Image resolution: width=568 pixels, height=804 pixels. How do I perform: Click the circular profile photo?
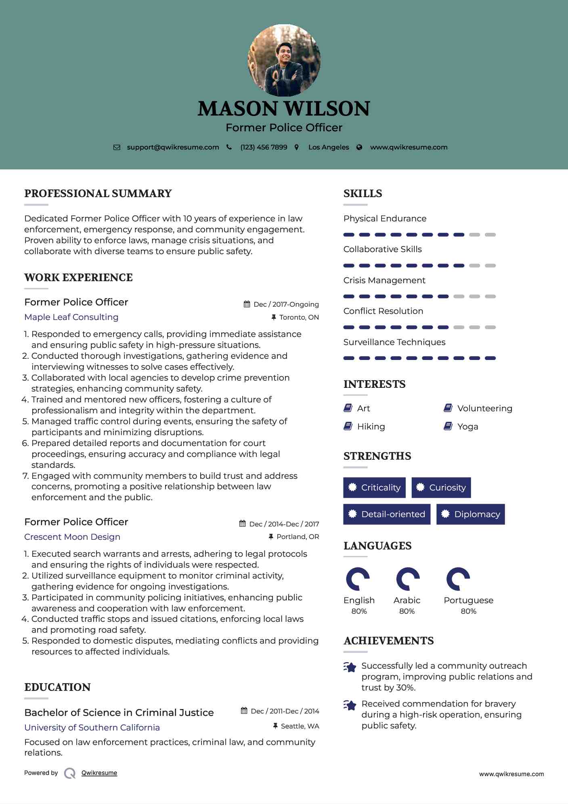pyautogui.click(x=284, y=61)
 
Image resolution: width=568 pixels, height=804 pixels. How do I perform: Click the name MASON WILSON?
pyautogui.click(x=284, y=109)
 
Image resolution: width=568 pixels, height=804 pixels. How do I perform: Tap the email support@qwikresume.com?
pyautogui.click(x=173, y=147)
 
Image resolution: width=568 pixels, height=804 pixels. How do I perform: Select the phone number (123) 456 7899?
pyautogui.click(x=264, y=147)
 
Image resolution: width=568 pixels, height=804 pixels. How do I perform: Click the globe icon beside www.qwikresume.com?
pyautogui.click(x=359, y=147)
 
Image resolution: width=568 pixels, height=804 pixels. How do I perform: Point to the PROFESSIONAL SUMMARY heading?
pyautogui.click(x=98, y=194)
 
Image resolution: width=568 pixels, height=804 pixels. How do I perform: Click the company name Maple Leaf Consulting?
pyautogui.click(x=71, y=317)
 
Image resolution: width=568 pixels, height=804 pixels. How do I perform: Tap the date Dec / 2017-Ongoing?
pyautogui.click(x=286, y=304)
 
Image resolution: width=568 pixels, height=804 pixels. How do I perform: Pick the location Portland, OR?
pyautogui.click(x=298, y=537)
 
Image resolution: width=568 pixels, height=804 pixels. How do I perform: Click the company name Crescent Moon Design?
pyautogui.click(x=72, y=537)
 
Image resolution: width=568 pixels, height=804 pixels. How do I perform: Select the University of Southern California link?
pyautogui.click(x=92, y=728)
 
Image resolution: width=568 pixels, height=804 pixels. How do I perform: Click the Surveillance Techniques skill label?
pyautogui.click(x=394, y=342)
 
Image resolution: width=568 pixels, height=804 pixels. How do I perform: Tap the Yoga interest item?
pyautogui.click(x=467, y=427)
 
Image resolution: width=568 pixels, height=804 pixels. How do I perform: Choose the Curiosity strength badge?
pyautogui.click(x=441, y=488)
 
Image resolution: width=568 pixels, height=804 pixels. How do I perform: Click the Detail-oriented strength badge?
pyautogui.click(x=386, y=514)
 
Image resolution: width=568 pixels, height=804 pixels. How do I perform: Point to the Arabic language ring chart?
pyautogui.click(x=408, y=579)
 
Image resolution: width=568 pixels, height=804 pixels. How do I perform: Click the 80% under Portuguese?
pyautogui.click(x=468, y=611)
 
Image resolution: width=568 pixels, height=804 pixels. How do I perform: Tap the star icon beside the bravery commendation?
pyautogui.click(x=350, y=705)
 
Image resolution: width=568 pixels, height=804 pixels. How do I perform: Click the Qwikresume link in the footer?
pyautogui.click(x=99, y=773)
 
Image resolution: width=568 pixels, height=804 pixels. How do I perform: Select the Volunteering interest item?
pyautogui.click(x=484, y=408)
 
